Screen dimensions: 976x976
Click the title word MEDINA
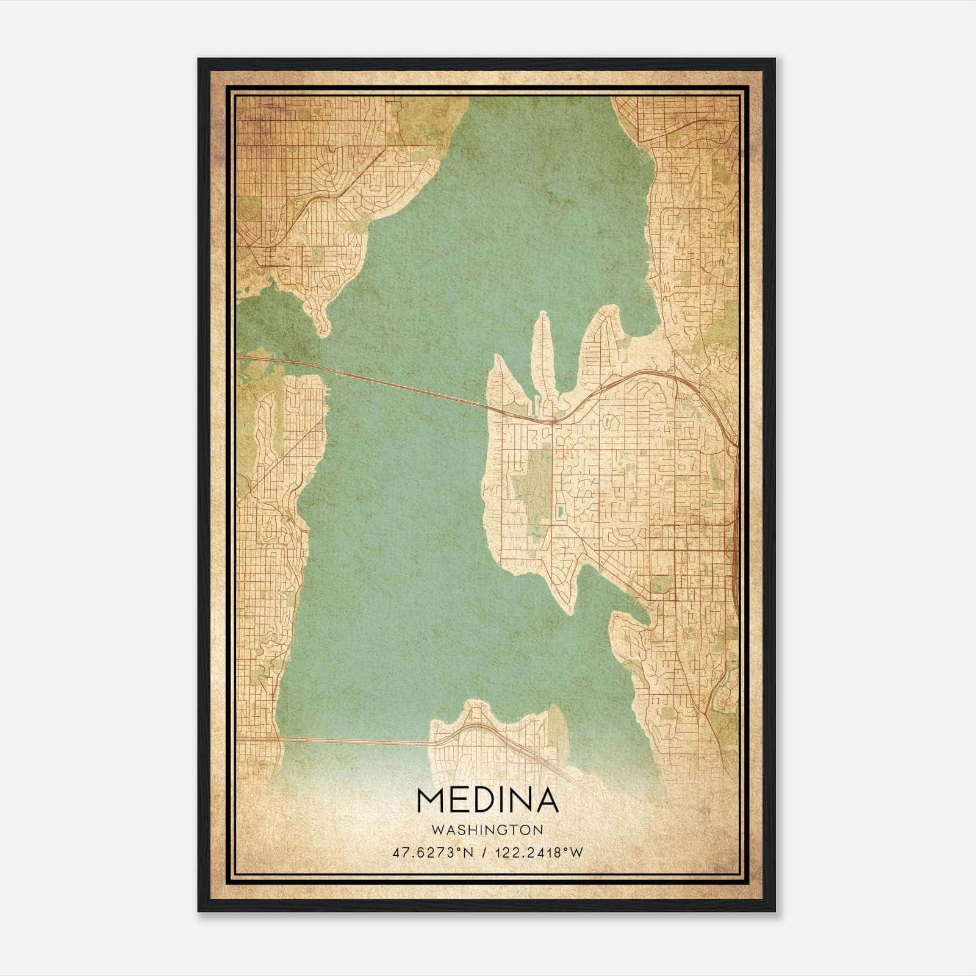coord(487,800)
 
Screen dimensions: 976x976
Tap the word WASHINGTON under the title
coord(487,830)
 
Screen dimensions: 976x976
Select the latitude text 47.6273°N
coord(433,853)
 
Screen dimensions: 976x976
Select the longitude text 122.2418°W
coord(539,853)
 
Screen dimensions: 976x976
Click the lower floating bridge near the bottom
coord(354,741)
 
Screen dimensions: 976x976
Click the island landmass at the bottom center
coord(488,741)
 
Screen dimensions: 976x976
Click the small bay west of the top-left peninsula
coord(268,317)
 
